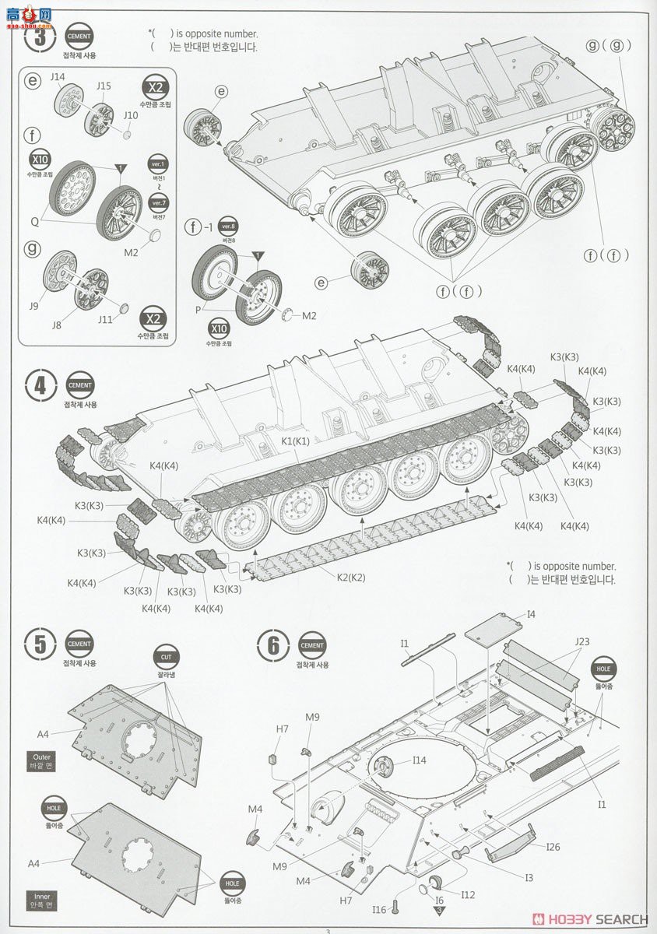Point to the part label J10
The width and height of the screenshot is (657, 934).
(x=130, y=115)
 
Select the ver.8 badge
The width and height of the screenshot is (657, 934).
(x=228, y=226)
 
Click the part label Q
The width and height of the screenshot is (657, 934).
(x=34, y=220)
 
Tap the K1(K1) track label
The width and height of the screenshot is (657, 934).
(x=296, y=441)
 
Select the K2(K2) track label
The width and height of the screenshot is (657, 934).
(x=350, y=577)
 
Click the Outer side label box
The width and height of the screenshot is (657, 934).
(x=40, y=760)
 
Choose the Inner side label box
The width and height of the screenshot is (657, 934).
(x=40, y=900)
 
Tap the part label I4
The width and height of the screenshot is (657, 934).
(x=531, y=614)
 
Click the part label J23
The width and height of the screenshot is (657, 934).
(x=581, y=642)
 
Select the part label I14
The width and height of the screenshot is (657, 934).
(x=419, y=760)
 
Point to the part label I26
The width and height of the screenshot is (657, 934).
(x=552, y=847)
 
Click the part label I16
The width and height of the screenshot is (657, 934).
(x=379, y=909)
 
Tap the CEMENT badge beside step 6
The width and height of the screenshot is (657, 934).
(x=312, y=645)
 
